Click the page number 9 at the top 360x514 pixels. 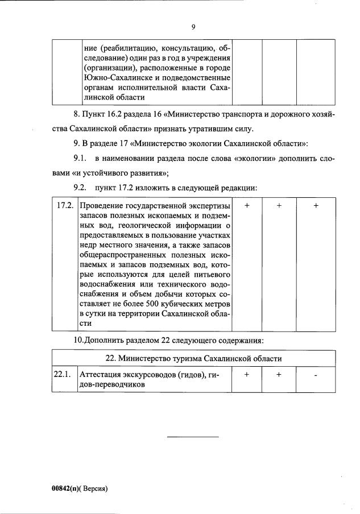coord(193,27)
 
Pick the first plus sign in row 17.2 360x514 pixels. coord(246,206)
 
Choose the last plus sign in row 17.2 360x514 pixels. coord(316,206)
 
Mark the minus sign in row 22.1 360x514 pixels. coord(316,375)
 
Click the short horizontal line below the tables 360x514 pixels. coord(193,437)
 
